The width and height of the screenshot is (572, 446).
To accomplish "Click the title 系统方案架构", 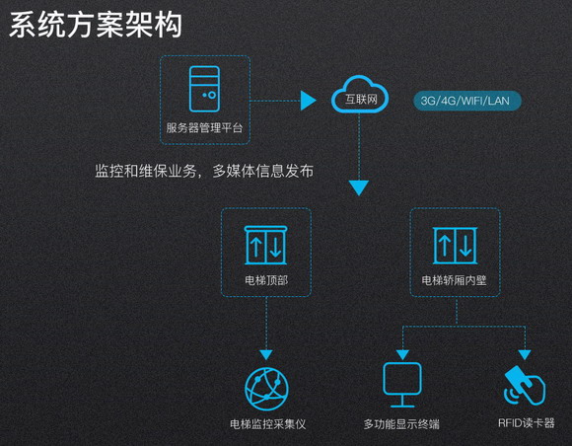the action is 96,25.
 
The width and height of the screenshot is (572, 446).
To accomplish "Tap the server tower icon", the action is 204,89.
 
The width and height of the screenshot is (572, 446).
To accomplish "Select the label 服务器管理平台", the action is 204,127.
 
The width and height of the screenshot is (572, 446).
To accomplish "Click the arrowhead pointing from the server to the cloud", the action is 308,101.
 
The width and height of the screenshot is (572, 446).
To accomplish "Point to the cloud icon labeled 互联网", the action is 360,94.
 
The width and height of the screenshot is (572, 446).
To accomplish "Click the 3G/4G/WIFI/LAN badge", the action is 467,101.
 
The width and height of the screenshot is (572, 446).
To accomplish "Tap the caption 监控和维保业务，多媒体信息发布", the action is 204,171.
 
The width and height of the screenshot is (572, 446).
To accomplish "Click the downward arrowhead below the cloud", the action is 359,187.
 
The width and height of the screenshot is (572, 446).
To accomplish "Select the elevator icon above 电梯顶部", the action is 266,245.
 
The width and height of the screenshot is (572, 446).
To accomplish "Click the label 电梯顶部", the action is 266,280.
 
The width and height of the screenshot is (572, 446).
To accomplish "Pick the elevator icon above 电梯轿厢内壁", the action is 455,245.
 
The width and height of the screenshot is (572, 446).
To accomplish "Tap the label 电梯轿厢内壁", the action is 455,280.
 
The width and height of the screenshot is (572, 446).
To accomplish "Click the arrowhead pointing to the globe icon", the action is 266,354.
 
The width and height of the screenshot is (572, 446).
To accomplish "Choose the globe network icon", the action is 266,389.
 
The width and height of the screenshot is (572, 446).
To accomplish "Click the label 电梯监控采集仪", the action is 268,424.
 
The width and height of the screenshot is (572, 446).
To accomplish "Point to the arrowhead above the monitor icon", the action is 402,354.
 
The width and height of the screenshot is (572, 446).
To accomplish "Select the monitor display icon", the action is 402,385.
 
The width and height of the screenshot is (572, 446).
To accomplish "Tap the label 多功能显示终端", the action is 401,424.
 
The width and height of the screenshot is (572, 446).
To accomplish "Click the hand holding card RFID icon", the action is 525,386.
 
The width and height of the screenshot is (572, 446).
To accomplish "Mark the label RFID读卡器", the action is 527,423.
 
